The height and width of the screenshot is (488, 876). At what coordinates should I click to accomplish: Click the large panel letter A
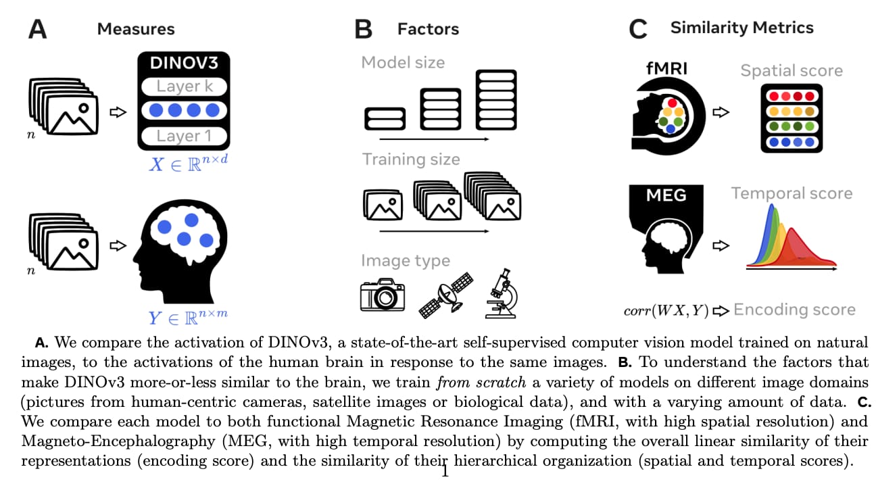point(38,29)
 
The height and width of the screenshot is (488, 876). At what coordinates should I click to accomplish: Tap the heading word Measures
point(136,29)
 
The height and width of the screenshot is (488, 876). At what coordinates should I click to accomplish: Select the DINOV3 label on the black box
point(184,63)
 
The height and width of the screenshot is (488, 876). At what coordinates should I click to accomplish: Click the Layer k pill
point(185,87)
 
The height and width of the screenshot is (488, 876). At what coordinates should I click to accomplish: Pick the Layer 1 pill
point(185,136)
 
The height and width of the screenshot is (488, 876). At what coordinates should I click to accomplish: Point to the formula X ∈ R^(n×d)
point(188,164)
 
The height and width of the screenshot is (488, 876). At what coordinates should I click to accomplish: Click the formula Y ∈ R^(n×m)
point(188,317)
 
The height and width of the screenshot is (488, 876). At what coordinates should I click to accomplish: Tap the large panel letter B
point(363,29)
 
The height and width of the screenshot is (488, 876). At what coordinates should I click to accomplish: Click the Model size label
point(403,63)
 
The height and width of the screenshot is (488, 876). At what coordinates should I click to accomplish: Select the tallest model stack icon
point(496,100)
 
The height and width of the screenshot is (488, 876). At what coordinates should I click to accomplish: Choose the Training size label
point(411,160)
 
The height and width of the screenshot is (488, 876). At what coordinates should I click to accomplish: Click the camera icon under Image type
point(383,295)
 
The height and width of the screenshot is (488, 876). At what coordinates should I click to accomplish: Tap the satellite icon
point(446,295)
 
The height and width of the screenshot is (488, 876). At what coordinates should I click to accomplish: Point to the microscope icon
point(502,293)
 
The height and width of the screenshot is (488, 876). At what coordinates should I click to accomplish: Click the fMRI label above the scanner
point(666,68)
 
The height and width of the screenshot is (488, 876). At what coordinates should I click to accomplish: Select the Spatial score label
point(792,71)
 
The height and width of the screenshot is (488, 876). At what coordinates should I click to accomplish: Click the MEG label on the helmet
point(666,195)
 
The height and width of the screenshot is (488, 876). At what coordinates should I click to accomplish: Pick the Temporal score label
point(792,193)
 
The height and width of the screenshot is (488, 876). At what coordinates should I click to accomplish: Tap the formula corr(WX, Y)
point(666,310)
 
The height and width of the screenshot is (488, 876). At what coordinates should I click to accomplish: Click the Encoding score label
point(794,310)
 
